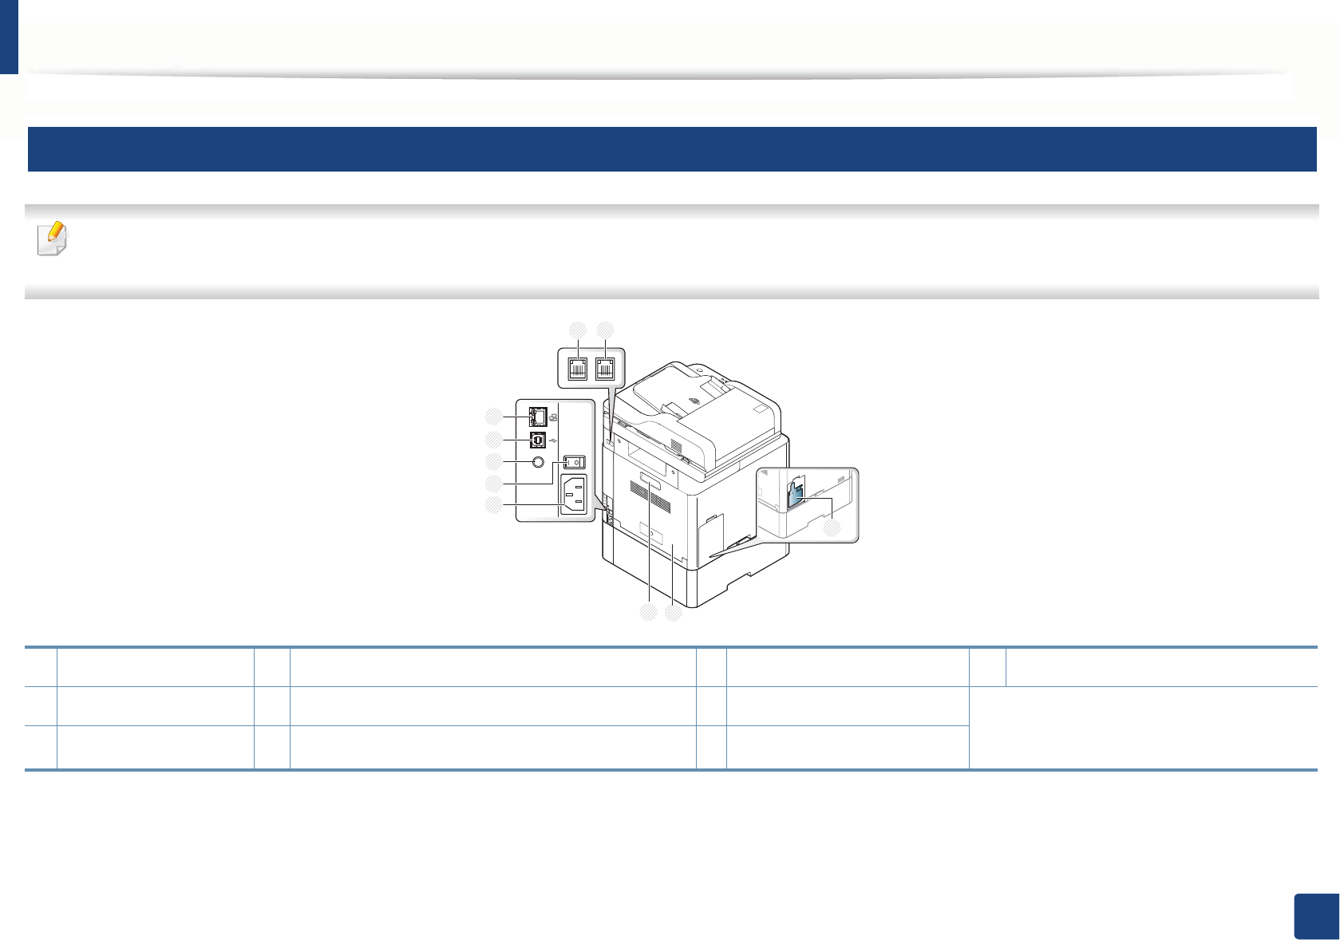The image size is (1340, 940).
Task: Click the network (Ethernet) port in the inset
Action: (538, 416)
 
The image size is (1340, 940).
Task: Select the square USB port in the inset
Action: (538, 440)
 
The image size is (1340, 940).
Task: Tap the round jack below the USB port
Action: (538, 462)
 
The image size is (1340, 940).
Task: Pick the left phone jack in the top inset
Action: (578, 367)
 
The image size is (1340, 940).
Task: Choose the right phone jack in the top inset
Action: (606, 367)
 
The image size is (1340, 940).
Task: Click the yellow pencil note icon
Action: (53, 239)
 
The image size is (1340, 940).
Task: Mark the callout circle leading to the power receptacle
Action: (495, 504)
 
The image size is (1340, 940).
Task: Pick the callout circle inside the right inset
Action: (832, 527)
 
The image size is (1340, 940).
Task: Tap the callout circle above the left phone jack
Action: (577, 329)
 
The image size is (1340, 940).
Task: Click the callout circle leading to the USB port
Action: (495, 440)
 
